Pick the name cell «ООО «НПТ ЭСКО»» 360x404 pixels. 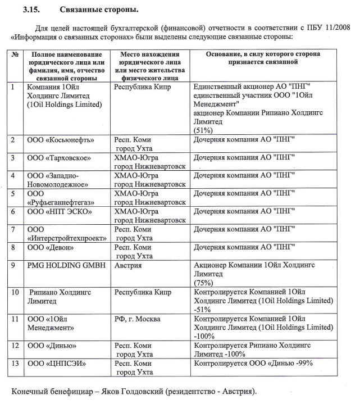coord(54,211)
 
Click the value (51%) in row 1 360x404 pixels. coord(202,129)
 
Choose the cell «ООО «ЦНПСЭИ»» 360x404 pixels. coord(53,363)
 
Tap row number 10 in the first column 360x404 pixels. coord(15,292)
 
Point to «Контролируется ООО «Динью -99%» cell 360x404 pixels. coord(253,363)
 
